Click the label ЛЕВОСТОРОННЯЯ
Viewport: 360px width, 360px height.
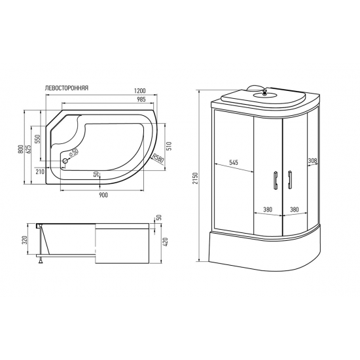[67, 87]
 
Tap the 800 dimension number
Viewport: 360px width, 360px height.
[22, 149]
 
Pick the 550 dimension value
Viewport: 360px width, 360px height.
[39, 139]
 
